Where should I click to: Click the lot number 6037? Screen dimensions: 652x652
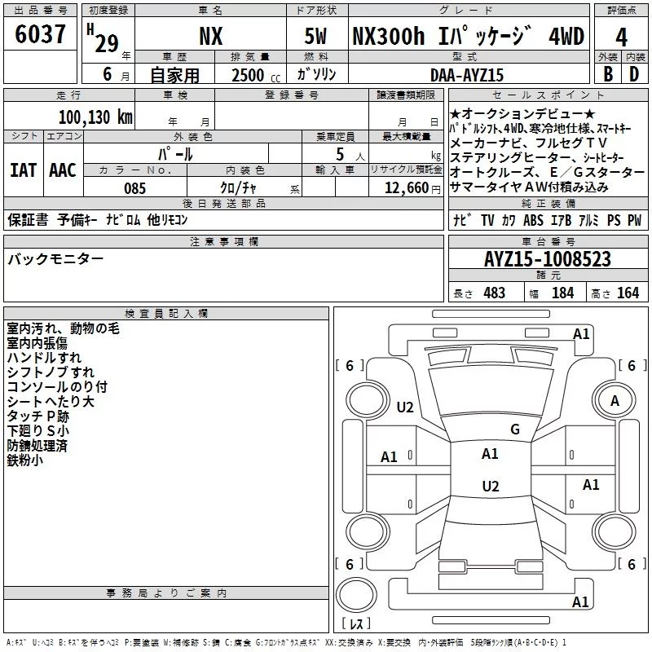40,34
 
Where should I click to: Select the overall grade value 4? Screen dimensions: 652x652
621,37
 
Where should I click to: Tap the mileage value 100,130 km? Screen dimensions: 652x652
95,117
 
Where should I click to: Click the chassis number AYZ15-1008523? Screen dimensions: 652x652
548,259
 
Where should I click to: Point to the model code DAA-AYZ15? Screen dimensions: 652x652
467,75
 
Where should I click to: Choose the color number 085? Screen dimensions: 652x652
135,188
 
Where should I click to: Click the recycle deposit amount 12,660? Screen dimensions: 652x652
407,188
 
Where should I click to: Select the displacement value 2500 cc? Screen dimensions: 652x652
256,75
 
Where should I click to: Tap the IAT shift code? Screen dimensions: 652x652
23,170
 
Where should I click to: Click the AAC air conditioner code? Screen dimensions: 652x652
63,170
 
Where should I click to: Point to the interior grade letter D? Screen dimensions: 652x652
634,74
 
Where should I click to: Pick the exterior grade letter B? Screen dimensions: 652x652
608,74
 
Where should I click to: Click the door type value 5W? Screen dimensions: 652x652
315,36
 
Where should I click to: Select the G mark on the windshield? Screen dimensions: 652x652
515,430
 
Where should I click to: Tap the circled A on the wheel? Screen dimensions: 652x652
615,401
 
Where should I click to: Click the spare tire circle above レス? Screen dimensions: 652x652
356,595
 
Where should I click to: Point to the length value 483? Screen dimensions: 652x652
495,293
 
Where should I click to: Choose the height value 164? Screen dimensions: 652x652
628,293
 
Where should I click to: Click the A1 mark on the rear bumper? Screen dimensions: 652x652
580,601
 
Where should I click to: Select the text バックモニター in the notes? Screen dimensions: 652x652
55,259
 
